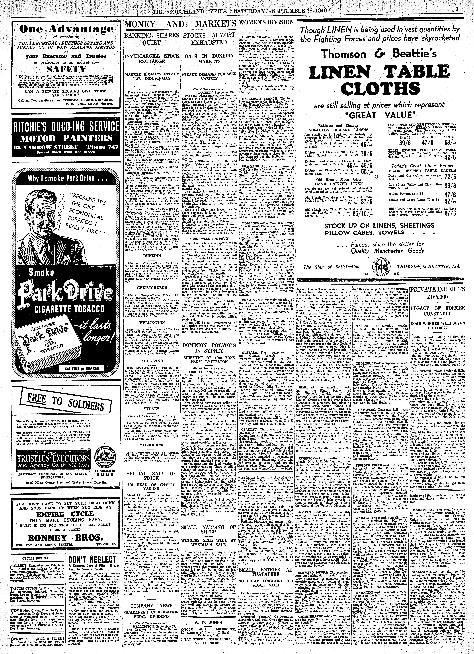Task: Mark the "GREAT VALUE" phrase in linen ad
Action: coord(376,115)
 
